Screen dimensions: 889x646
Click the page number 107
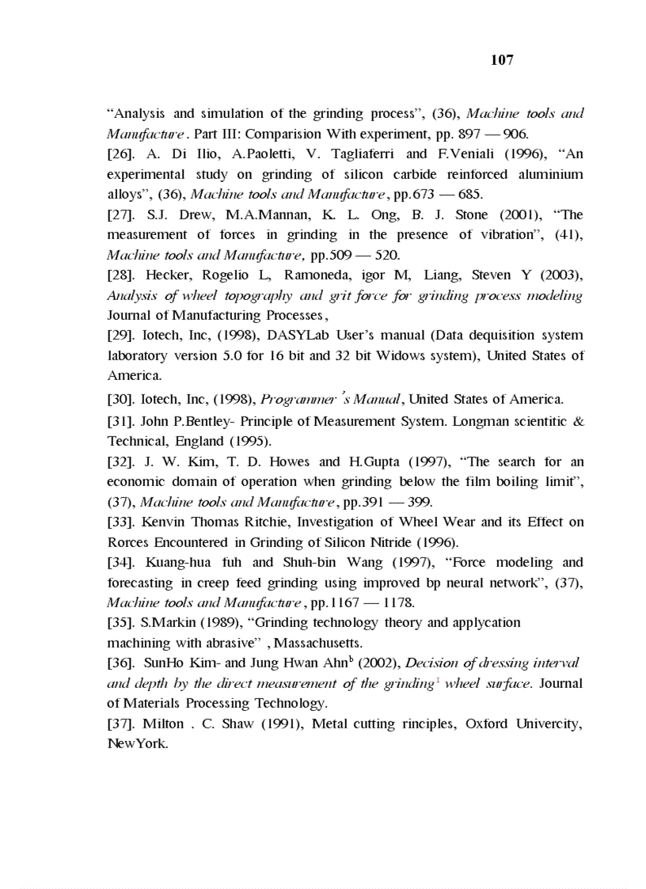(502, 60)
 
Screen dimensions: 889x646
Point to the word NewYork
(138, 744)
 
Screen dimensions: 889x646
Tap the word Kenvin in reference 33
(165, 522)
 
